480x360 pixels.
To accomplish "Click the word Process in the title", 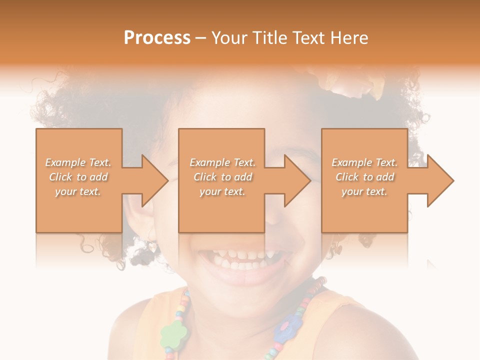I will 157,38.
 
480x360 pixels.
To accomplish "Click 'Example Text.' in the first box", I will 78,162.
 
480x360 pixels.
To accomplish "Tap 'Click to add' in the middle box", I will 222,177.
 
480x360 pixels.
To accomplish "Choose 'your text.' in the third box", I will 364,191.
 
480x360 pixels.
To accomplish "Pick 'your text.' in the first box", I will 78,191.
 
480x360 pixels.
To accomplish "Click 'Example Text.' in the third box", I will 364,162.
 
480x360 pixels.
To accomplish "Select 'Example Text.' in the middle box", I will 222,162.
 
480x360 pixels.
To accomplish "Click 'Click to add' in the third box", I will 364,177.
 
